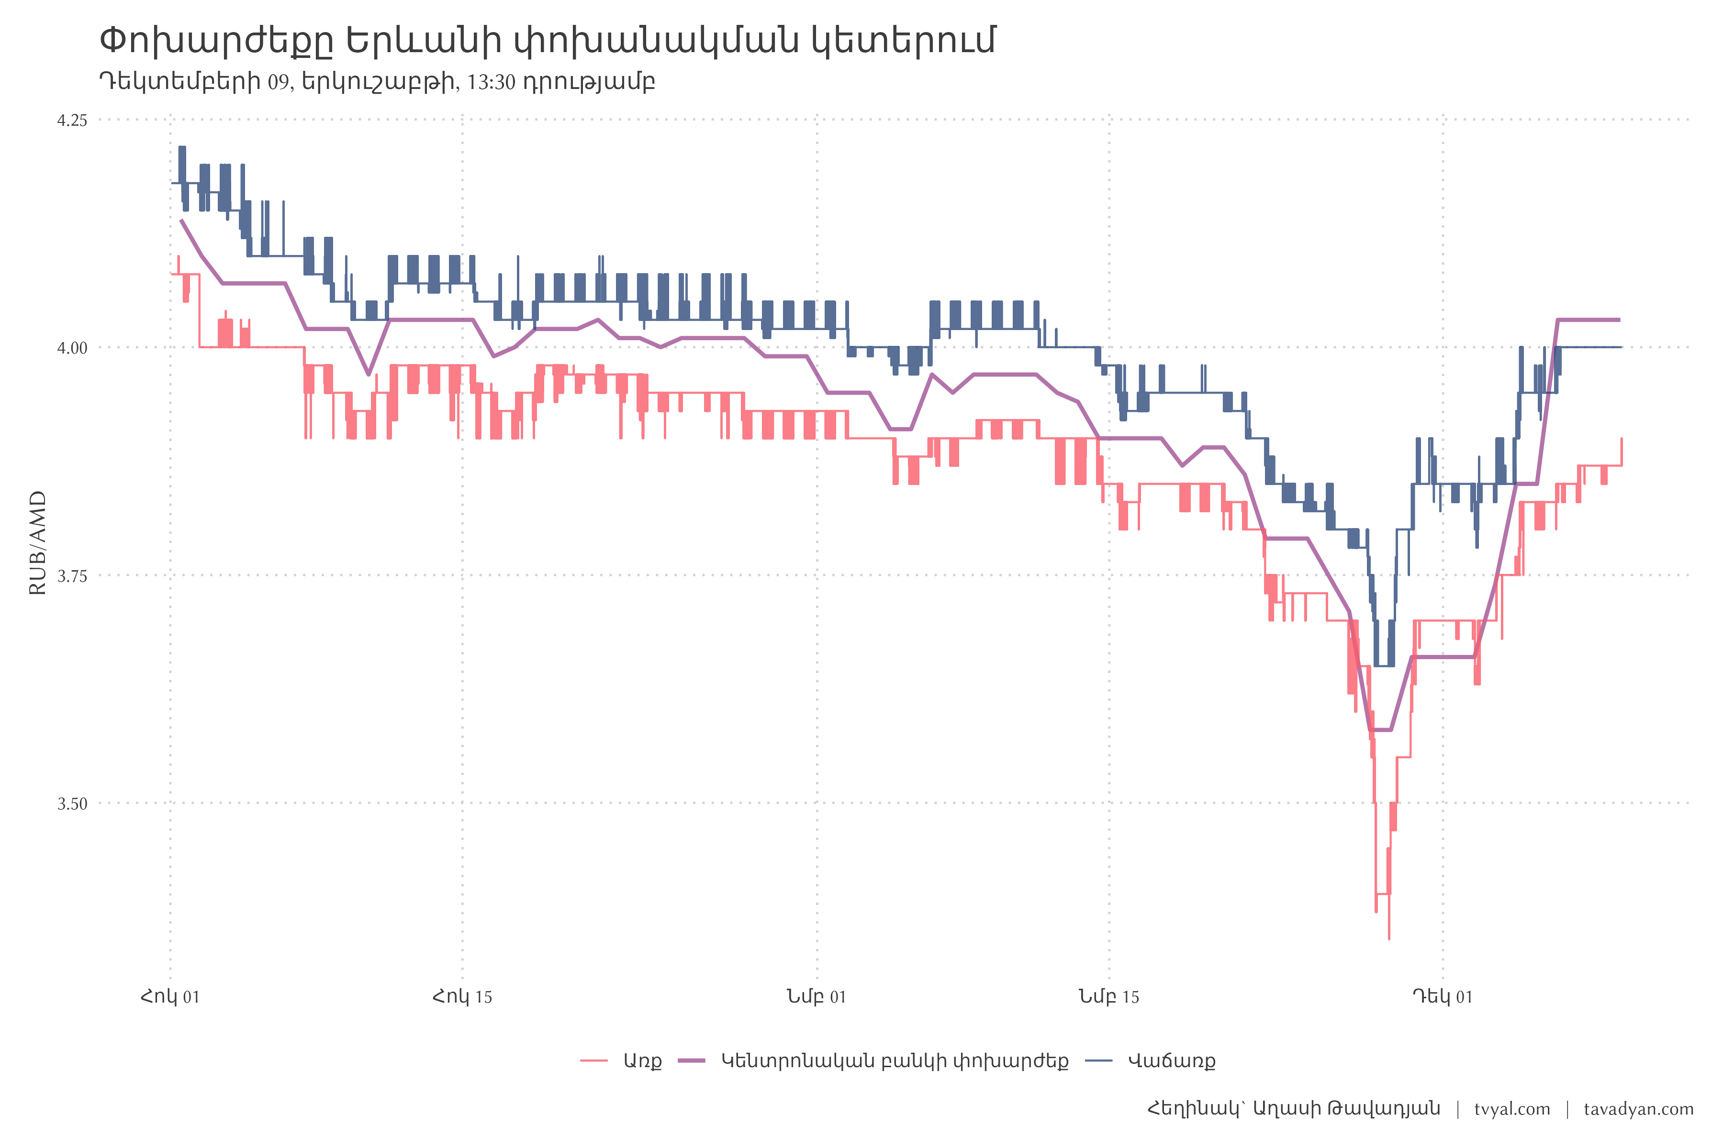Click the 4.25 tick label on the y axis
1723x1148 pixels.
point(72,120)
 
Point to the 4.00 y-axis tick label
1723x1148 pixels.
point(72,348)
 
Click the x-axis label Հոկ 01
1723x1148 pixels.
point(170,996)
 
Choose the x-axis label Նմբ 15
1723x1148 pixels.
point(1108,996)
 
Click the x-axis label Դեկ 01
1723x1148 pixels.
point(1443,996)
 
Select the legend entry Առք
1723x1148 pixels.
point(642,1061)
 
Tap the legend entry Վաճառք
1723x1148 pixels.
point(1171,1061)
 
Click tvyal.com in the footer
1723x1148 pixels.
point(1512,1109)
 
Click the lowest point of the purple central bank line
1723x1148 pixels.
point(1380,730)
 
